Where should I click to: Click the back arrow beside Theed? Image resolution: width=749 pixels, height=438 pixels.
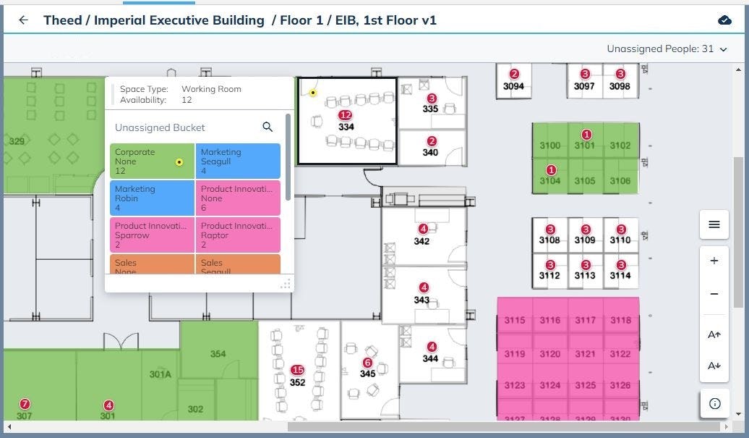tap(23, 20)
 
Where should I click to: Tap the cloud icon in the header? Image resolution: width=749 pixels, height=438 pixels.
tap(724, 20)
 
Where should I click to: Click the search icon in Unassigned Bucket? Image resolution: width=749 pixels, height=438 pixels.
tap(267, 127)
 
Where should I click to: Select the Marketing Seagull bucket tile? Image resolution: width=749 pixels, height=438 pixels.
tap(238, 161)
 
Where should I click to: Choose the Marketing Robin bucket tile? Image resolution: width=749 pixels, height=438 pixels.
tap(152, 198)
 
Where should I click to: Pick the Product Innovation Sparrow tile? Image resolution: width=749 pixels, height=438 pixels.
tap(152, 235)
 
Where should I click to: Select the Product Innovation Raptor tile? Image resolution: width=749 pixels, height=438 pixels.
tap(238, 235)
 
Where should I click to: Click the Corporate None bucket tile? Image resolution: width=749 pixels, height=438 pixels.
tap(152, 161)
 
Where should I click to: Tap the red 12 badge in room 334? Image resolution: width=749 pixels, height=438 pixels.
tap(346, 115)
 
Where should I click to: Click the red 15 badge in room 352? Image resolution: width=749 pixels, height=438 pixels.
tap(297, 370)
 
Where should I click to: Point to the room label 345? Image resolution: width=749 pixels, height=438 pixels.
tap(367, 374)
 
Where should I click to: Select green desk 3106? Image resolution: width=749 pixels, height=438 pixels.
tap(620, 181)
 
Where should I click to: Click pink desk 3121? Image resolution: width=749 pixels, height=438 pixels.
tap(586, 354)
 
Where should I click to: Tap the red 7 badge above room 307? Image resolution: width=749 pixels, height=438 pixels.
tap(25, 404)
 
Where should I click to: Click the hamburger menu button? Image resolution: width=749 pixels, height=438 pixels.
tap(714, 224)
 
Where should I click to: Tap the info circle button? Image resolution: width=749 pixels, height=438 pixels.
tap(714, 403)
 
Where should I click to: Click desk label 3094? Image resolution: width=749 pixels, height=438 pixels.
tap(513, 86)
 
